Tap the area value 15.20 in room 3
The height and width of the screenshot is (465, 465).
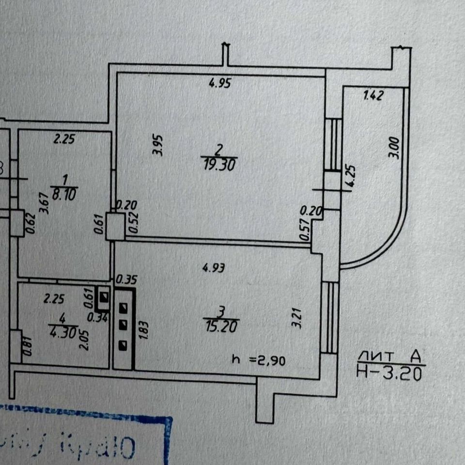click(x=221, y=327)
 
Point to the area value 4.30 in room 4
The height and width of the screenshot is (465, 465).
click(x=59, y=333)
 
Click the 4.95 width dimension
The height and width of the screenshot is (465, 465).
click(x=219, y=83)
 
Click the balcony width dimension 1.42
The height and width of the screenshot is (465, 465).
click(x=373, y=95)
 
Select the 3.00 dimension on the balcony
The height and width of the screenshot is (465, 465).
click(x=395, y=148)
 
